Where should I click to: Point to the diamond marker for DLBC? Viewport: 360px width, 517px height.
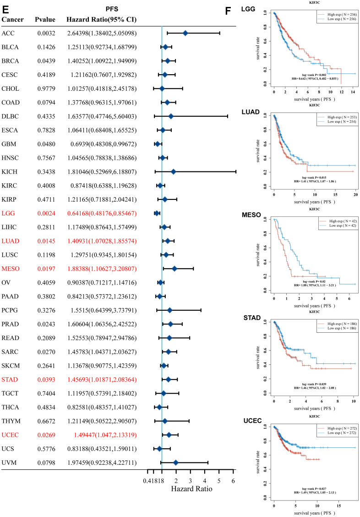(x=171, y=116)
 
